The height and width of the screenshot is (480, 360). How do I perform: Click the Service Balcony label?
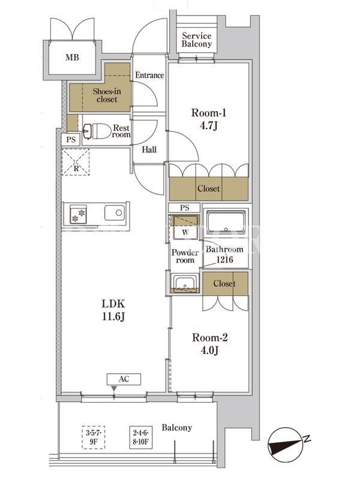(197, 40)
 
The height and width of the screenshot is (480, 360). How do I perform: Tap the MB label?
(72, 57)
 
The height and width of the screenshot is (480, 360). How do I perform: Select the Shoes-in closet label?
(107, 95)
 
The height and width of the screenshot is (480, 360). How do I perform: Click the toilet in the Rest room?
(97, 131)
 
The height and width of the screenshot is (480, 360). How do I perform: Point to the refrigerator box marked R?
(76, 161)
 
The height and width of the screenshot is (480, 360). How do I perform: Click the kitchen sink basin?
(115, 212)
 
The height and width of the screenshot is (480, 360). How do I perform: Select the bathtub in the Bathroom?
(226, 222)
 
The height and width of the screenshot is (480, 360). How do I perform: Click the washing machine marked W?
(185, 227)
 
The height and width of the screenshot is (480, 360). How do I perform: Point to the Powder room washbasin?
(185, 283)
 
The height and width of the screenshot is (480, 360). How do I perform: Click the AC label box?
(124, 379)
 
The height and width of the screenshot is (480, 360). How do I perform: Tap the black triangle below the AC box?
(114, 388)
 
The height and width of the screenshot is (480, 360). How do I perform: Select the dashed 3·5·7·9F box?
(94, 437)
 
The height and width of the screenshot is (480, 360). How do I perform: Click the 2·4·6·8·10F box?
(141, 437)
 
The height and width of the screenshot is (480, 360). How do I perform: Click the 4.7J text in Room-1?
(208, 125)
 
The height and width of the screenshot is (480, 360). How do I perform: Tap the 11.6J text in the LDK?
(113, 317)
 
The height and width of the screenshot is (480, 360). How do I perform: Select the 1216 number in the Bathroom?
(224, 260)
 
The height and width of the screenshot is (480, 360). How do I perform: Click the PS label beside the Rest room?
(71, 140)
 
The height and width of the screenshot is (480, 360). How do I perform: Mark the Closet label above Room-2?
(224, 283)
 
